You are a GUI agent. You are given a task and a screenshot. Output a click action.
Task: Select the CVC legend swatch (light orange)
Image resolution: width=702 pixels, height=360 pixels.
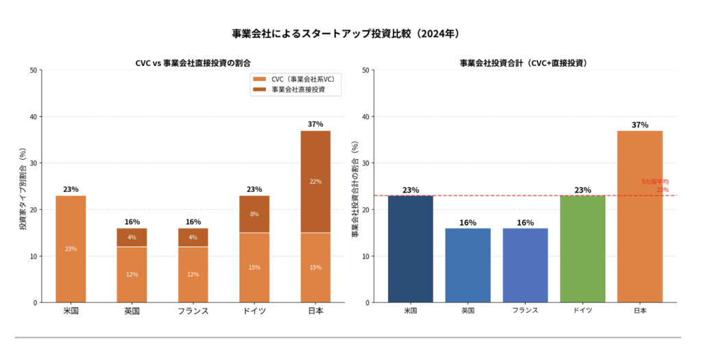point(260,79)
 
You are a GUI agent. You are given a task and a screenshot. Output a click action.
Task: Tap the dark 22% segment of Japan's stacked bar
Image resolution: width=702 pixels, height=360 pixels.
point(315,182)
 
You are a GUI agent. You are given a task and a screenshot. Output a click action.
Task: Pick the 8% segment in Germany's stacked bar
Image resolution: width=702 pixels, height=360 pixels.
point(254,214)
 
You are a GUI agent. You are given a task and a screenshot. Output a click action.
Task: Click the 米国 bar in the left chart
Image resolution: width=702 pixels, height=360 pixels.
point(71,249)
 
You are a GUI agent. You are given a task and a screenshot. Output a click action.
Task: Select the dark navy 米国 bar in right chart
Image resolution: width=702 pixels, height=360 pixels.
point(411,249)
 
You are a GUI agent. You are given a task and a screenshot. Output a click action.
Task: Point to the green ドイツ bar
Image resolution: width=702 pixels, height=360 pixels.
point(583,249)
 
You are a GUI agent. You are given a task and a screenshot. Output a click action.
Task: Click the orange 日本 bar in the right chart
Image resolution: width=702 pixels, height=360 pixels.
point(640,216)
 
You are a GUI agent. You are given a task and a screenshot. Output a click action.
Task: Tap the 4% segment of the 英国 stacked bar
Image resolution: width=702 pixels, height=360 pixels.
point(132,237)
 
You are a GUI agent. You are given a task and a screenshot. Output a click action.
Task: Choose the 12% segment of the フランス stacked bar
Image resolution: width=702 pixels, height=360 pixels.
point(193,274)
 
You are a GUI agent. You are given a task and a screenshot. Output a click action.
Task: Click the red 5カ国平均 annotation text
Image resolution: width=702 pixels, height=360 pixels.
point(655,182)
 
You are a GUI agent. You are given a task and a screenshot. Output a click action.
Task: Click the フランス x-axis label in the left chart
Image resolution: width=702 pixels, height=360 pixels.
point(193,311)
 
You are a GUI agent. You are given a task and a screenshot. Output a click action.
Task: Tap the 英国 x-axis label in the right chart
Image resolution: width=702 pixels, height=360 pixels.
point(468,311)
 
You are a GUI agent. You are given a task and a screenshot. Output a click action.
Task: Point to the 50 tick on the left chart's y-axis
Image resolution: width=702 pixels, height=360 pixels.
point(34,70)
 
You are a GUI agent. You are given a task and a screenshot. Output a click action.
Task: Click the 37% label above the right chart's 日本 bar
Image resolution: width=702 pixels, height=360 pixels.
point(640,125)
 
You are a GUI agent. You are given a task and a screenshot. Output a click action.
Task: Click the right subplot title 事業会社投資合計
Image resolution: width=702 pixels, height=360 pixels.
point(523,63)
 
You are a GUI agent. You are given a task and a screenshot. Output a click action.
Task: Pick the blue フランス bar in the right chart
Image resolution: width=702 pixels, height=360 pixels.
point(525,265)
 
